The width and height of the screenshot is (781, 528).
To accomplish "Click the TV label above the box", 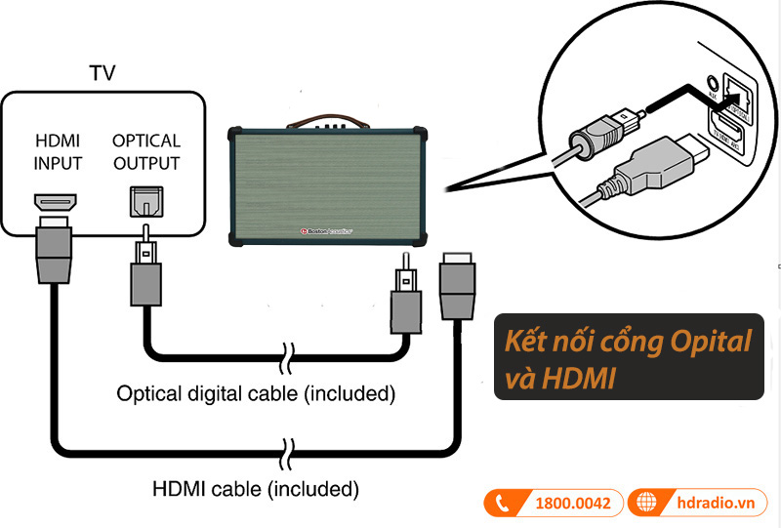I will click(102, 73).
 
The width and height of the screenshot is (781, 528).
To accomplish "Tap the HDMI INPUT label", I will click(58, 151).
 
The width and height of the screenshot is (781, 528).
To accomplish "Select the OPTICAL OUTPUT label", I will click(146, 151).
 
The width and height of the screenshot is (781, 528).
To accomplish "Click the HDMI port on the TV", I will click(57, 203).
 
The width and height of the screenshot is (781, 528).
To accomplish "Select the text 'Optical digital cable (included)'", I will click(255, 394).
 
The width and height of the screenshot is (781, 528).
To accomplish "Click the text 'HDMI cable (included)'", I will click(256, 486).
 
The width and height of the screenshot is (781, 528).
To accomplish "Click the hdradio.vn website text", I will click(716, 504).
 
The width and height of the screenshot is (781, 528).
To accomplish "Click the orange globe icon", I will click(645, 504).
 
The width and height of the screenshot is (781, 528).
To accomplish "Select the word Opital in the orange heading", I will click(708, 342).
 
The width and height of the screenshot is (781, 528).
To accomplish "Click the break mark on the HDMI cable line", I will click(285, 451).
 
